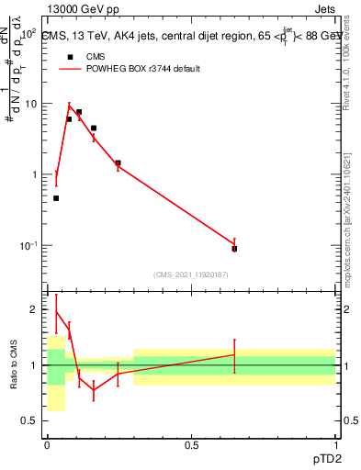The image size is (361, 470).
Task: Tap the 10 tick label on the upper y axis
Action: (30, 104)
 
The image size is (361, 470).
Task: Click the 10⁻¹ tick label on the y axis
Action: (28, 246)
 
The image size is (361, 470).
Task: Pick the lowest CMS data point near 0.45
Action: (56, 198)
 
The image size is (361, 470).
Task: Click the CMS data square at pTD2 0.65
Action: (234, 248)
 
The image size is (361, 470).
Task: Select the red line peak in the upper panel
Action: (70, 106)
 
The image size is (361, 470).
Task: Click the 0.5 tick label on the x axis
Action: (191, 445)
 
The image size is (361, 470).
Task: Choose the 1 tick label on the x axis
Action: (334, 445)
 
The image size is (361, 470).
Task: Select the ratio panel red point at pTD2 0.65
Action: (234, 354)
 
